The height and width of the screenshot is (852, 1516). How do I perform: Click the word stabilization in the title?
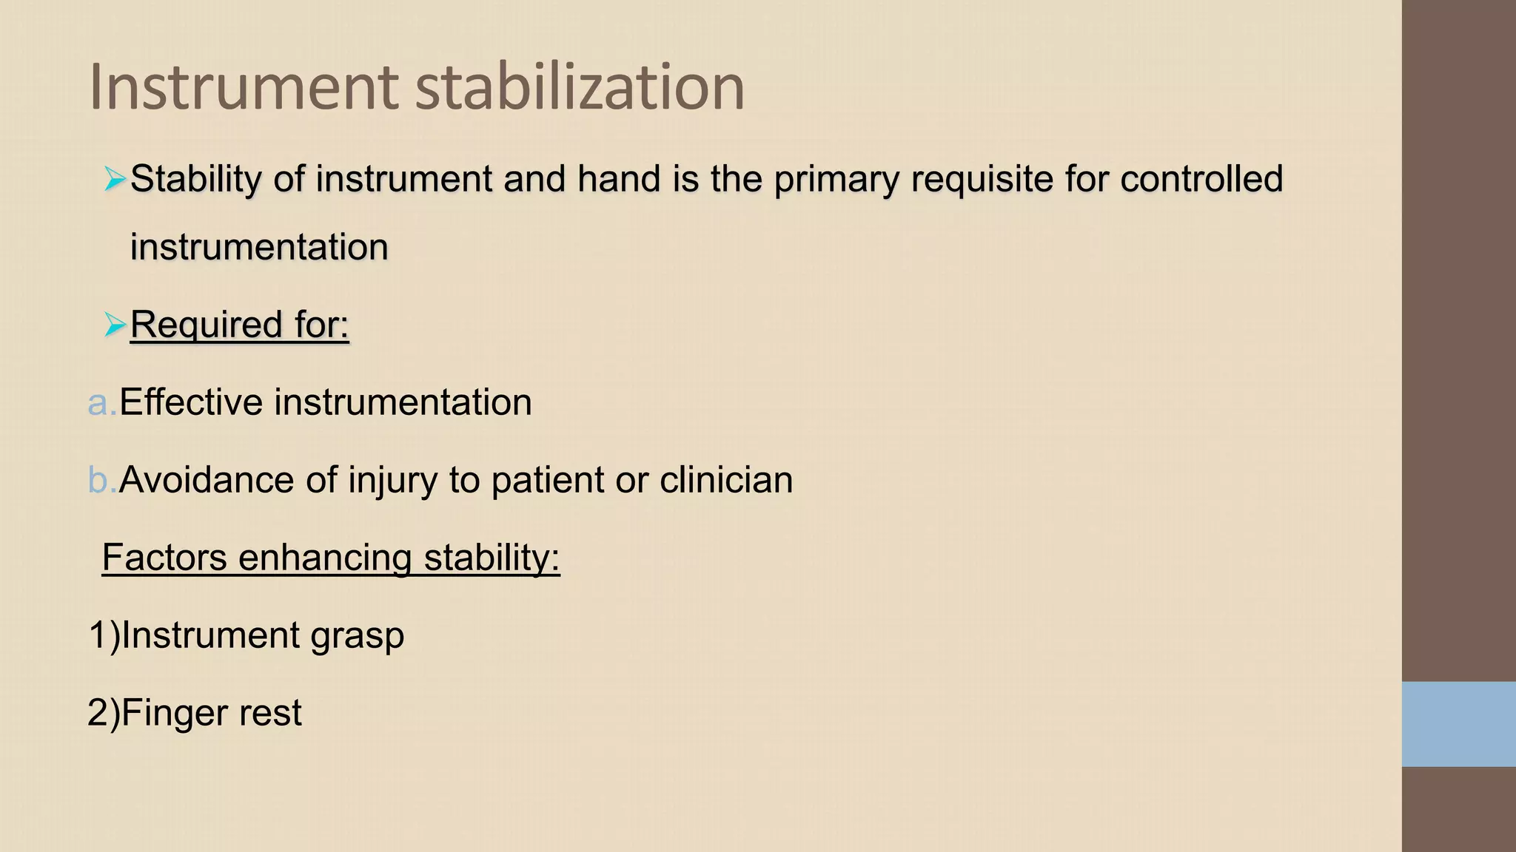pyautogui.click(x=580, y=87)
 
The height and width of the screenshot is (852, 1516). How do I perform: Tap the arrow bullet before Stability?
pyautogui.click(x=115, y=179)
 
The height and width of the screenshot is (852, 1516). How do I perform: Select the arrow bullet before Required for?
pyautogui.click(x=115, y=324)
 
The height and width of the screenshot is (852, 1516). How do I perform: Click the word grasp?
pyautogui.click(x=357, y=636)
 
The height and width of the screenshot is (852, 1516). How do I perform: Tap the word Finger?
pyautogui.click(x=168, y=712)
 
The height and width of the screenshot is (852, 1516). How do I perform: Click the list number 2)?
pyautogui.click(x=103, y=713)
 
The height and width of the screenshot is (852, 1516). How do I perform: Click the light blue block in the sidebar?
pyautogui.click(x=1458, y=724)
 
